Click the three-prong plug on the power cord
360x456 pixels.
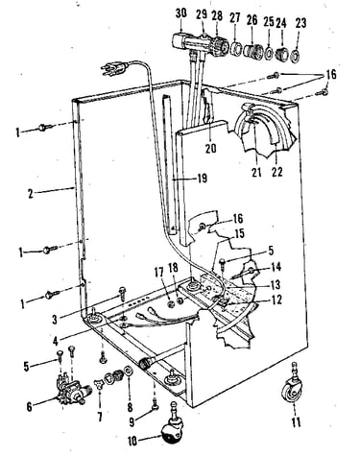114,68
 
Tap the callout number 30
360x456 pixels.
181,14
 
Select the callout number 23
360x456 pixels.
300,23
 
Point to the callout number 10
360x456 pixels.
132,441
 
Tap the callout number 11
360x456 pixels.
296,422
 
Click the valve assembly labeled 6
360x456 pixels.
72,389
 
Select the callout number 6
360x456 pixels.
29,407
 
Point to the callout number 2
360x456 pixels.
31,193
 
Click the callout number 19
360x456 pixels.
203,179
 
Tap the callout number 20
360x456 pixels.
211,148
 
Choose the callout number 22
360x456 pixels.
277,172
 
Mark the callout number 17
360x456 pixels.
159,273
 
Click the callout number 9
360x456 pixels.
132,422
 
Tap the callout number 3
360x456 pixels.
55,319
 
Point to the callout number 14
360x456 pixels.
276,266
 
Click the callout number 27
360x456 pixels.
234,17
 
